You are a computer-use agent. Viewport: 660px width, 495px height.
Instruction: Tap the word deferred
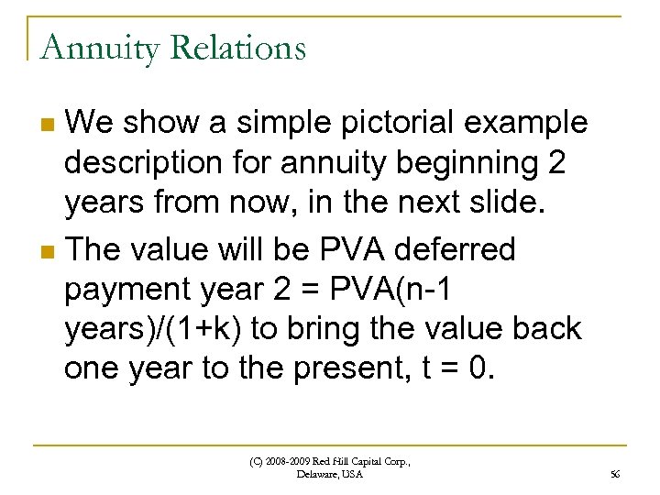pyautogui.click(x=455, y=248)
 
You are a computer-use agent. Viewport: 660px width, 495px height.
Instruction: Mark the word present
pyautogui.click(x=356, y=368)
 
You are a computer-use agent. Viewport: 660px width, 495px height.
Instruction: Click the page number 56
pyautogui.click(x=614, y=474)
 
